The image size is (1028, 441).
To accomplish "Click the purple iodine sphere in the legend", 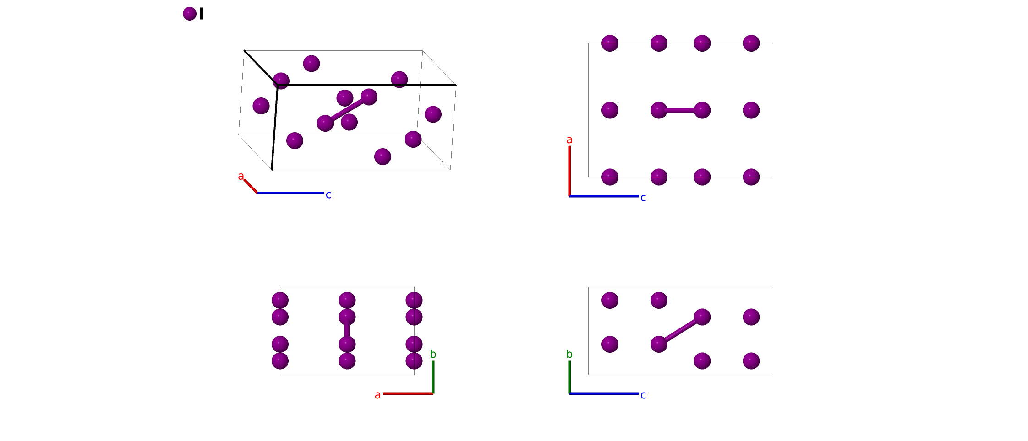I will (x=189, y=14).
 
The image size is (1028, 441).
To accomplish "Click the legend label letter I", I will (x=202, y=14).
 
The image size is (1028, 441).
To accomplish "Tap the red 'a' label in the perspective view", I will (x=241, y=176).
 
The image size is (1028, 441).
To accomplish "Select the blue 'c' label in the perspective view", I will (x=328, y=195).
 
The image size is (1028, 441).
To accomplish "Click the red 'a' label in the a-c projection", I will (x=569, y=140).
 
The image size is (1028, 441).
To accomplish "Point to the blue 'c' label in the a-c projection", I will (x=643, y=198).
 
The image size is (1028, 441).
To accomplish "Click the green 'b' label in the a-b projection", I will (x=433, y=354).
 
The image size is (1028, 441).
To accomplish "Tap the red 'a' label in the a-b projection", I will (x=377, y=395).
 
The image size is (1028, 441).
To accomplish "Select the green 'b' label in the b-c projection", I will (x=569, y=354).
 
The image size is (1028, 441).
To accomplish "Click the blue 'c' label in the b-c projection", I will (x=643, y=395).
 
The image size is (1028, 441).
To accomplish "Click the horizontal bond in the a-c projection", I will (x=680, y=110).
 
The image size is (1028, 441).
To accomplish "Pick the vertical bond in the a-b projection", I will (x=347, y=331).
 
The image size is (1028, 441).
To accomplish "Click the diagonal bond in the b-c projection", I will (x=680, y=330).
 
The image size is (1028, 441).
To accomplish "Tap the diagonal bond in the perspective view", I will (x=347, y=110).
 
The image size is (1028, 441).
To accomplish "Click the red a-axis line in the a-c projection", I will (x=569, y=172).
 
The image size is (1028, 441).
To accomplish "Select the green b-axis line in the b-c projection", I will (x=569, y=377).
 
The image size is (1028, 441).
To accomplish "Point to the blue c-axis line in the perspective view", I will (x=290, y=193).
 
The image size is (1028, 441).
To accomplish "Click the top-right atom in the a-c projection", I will (x=751, y=43).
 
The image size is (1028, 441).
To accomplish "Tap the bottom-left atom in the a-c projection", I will (x=610, y=177).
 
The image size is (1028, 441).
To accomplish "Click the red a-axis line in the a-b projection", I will (x=408, y=393).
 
